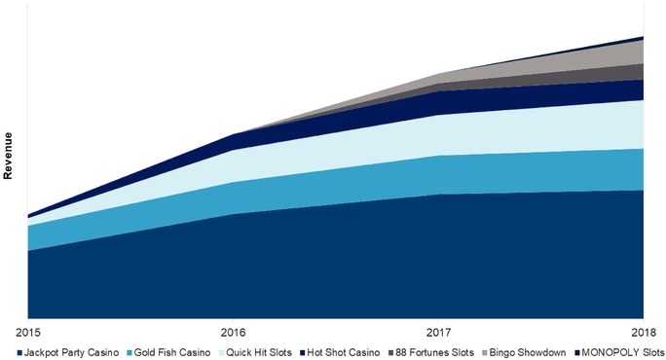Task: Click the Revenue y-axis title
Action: point(8,157)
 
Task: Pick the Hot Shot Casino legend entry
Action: point(343,352)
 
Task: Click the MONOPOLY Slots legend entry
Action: point(621,352)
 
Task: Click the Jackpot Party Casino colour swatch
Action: point(20,352)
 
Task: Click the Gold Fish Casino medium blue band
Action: point(438,174)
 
